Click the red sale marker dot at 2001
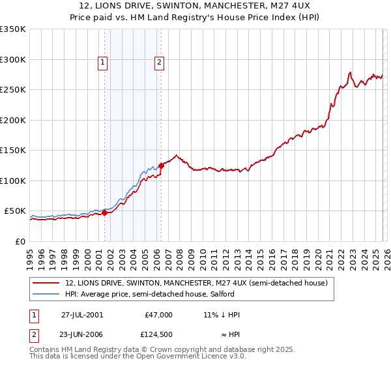coord(105,212)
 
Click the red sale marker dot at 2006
coord(161,166)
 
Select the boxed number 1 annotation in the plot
coord(103,63)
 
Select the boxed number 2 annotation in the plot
coord(159,63)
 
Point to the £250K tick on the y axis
coord(13,90)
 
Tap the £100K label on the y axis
coord(13,181)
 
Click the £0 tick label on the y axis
coord(20,241)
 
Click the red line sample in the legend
coord(46,283)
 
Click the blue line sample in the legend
coord(46,295)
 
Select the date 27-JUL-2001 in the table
coord(82,315)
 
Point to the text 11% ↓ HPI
coord(222,315)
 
